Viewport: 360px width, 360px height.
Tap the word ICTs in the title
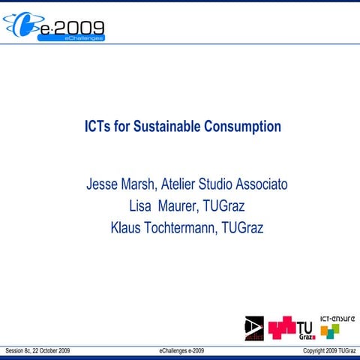pos(97,127)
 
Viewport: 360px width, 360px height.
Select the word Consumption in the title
pos(241,127)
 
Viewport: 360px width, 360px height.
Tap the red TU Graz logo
pos(291,327)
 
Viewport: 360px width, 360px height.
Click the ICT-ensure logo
pos(337,324)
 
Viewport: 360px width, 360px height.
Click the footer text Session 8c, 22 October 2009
pos(37,350)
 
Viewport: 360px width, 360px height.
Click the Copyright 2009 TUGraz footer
pos(324,350)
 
